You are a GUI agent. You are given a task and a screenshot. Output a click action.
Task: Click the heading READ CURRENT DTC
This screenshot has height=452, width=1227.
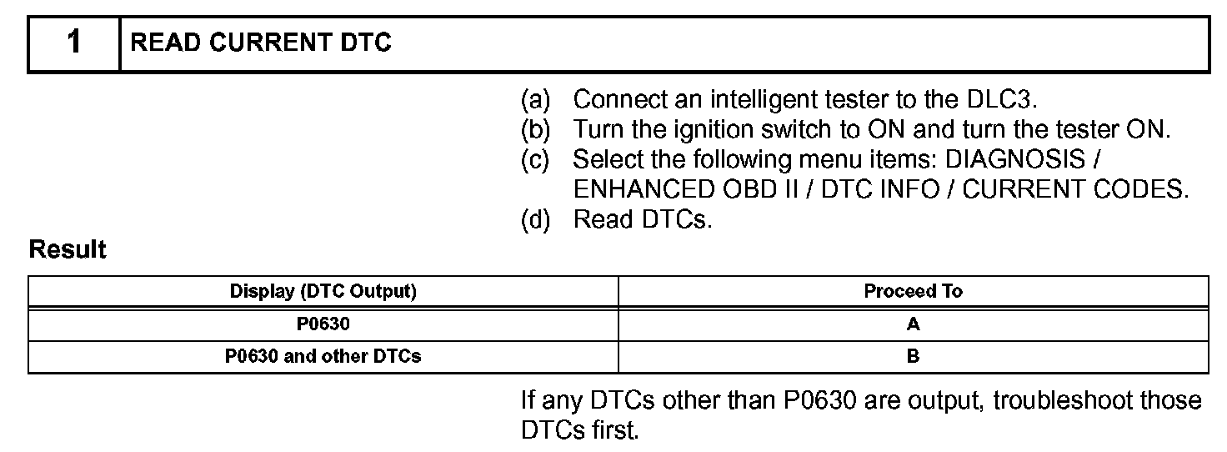click(261, 43)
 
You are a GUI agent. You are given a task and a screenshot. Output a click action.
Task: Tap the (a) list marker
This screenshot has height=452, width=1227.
click(535, 100)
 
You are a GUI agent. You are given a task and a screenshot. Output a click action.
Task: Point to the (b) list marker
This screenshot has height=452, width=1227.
click(535, 130)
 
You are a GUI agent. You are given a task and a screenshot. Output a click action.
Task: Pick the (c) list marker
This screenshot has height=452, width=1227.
click(535, 159)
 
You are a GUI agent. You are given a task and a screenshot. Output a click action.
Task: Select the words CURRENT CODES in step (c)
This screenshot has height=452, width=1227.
click(1074, 189)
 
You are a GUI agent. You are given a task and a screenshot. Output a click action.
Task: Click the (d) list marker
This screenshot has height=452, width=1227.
click(535, 220)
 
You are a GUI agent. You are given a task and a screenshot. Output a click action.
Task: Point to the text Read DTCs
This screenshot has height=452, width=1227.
click(643, 220)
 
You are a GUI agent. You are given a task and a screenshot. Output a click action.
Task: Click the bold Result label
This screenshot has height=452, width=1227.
click(68, 250)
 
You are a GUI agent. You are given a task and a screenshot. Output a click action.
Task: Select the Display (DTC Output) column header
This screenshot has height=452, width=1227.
click(323, 292)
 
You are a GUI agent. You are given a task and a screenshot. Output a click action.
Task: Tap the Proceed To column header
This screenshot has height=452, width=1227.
click(913, 292)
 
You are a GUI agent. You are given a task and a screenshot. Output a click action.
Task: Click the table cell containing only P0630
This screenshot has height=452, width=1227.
click(323, 324)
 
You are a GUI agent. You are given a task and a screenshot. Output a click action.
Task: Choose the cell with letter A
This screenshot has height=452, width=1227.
click(913, 324)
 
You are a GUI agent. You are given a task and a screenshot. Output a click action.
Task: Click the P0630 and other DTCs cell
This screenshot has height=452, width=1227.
click(323, 357)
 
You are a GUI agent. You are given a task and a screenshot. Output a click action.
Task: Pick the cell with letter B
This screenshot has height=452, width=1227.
click(913, 357)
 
